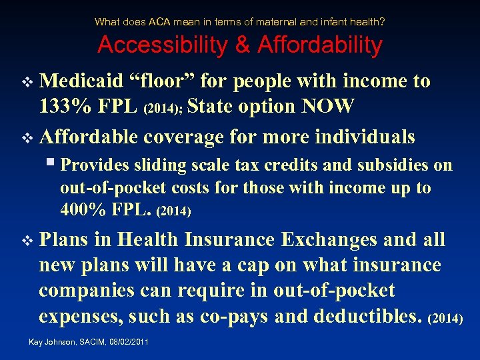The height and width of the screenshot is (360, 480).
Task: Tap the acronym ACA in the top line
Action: point(159,22)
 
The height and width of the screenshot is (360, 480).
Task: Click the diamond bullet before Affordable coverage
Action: point(27,138)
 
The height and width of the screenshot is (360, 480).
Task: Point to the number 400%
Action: point(83,210)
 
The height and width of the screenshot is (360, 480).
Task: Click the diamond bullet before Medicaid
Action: point(27,83)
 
